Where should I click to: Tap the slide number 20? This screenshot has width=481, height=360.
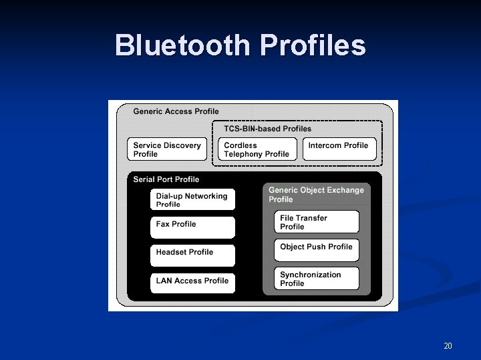(448, 345)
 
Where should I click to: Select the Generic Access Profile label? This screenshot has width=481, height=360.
(176, 111)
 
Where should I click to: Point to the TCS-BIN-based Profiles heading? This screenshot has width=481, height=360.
(267, 129)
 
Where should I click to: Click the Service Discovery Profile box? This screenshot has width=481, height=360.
(167, 149)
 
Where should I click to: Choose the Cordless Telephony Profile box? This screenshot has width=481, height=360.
(257, 149)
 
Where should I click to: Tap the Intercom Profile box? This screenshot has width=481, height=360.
(339, 148)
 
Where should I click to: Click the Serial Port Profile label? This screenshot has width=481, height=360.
(166, 179)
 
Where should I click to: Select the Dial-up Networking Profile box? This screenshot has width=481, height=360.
(192, 200)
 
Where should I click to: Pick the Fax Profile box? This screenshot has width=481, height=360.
(192, 227)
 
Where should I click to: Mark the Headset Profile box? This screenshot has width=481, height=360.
(192, 255)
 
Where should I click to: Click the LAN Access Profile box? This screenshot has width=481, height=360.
(192, 283)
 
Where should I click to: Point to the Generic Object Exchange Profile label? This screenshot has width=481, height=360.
(316, 195)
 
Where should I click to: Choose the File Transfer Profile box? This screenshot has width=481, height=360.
(317, 222)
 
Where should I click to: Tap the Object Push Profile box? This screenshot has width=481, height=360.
(317, 249)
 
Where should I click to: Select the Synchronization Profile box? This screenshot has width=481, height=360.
(317, 279)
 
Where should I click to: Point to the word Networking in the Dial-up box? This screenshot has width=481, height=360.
(206, 196)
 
